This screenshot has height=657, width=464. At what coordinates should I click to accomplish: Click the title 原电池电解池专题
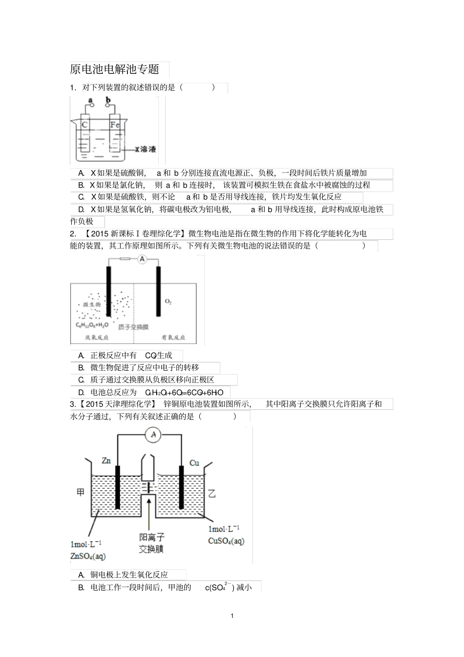115,69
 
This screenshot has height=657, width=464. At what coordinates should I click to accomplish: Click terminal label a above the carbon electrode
90,101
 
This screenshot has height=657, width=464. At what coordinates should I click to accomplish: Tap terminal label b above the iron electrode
108,101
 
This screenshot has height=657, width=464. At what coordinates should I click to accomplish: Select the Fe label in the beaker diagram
115,125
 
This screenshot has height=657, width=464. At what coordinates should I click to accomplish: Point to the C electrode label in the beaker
84,125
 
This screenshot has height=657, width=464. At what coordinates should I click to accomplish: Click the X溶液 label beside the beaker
145,149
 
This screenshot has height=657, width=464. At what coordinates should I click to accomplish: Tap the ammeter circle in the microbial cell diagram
142,259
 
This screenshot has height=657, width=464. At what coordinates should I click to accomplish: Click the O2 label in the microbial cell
169,302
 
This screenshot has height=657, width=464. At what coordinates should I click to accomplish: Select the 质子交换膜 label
133,327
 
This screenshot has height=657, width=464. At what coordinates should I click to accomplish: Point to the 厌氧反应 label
97,338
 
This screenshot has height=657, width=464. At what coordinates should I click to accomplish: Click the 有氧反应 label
173,338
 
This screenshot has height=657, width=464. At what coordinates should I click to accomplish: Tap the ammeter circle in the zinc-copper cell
153,434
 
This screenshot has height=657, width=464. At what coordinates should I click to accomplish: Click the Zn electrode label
106,460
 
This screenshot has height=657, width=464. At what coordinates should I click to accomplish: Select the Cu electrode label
194,463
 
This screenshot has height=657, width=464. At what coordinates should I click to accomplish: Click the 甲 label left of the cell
81,492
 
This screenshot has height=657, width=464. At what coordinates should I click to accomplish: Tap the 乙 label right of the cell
211,493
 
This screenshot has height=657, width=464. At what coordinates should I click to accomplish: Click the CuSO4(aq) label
226,541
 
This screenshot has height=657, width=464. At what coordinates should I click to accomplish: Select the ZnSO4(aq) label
88,556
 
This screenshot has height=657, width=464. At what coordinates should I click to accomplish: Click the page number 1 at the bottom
232,615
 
